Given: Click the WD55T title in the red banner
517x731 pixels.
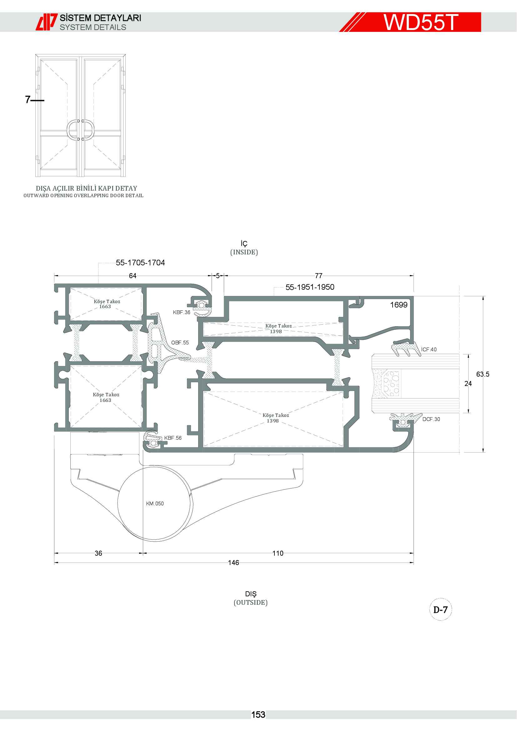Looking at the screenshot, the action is click(x=420, y=22).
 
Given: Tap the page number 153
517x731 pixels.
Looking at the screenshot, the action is click(x=258, y=715).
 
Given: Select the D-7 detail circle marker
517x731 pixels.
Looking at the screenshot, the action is click(x=441, y=610).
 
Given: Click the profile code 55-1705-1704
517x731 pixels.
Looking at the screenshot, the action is click(x=140, y=263).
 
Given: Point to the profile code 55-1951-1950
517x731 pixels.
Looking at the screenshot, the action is click(x=310, y=287).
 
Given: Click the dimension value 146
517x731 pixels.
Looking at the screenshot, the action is click(x=233, y=563).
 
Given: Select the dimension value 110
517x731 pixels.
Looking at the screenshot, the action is click(x=278, y=553).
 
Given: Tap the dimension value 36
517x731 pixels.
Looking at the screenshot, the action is click(x=98, y=553).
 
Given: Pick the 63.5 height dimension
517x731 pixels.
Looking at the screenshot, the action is click(x=483, y=374).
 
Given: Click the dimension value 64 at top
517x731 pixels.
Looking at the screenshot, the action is click(x=133, y=276).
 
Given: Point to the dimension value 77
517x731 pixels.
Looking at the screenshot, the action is click(x=319, y=276).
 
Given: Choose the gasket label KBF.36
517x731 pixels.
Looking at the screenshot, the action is click(x=182, y=312).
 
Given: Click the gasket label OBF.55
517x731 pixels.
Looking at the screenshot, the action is click(x=180, y=343).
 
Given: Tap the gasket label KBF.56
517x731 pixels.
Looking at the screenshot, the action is click(x=173, y=438).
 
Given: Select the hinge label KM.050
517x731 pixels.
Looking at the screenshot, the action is click(x=155, y=503).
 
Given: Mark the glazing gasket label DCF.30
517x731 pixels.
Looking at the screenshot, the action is click(x=431, y=419).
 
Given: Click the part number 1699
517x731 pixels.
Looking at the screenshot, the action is click(x=399, y=305).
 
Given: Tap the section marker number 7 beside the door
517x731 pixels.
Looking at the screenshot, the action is click(x=28, y=100).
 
